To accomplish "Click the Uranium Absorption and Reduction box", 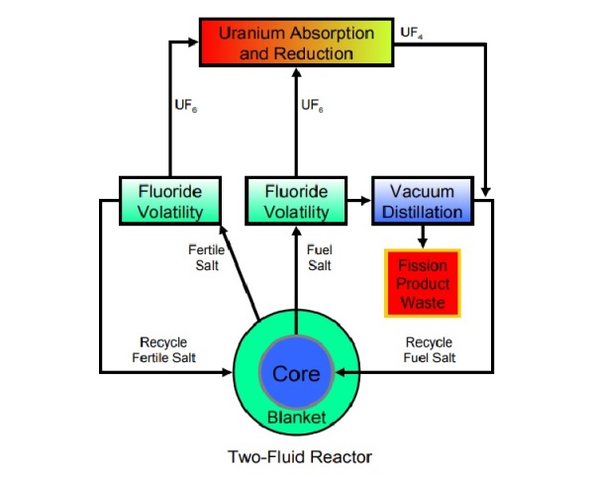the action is coord(297,43).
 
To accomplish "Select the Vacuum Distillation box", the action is coord(423,201).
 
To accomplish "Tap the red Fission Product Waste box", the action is coord(423,283).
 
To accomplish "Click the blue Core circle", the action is coord(296,373).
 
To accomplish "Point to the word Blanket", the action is coord(297,418).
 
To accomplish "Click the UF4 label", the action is coord(412,33).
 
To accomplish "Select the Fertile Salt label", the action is coord(207,257).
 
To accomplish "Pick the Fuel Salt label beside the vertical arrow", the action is coord(320,257).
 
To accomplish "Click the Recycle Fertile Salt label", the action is coord(163,349).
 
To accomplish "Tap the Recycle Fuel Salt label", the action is coord(430,349).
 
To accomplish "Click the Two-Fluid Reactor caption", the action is coord(300,457).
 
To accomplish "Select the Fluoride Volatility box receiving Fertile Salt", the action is coord(170,201).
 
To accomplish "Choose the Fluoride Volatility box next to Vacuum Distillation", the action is coord(296,201).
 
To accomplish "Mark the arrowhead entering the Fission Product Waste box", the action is coord(423,243).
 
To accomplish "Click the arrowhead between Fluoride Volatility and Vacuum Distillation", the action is coord(365,201).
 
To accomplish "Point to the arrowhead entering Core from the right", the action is coord(341,372).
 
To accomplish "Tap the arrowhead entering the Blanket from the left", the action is coord(227,372).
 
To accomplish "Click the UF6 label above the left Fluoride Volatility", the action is coord(186,105).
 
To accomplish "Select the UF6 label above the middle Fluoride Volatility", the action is coord(312,105).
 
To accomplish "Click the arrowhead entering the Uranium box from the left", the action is coord(193,42).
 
